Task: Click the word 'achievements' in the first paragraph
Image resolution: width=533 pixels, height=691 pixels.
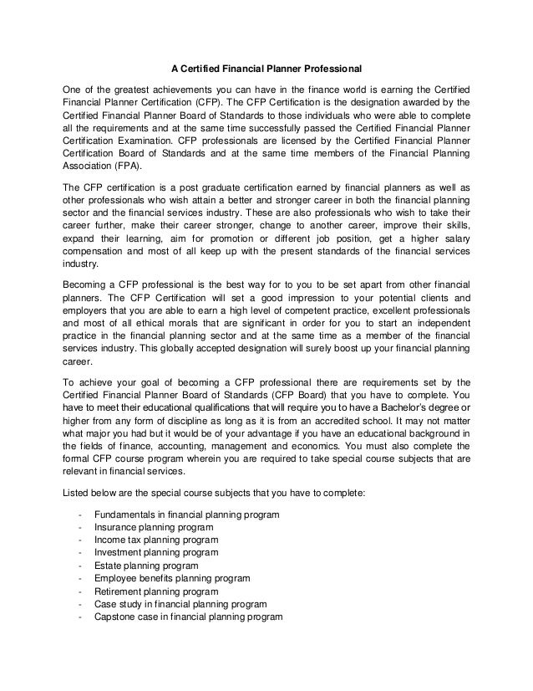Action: [x=169, y=90]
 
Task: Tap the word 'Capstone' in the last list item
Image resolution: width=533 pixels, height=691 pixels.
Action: [x=116, y=617]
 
